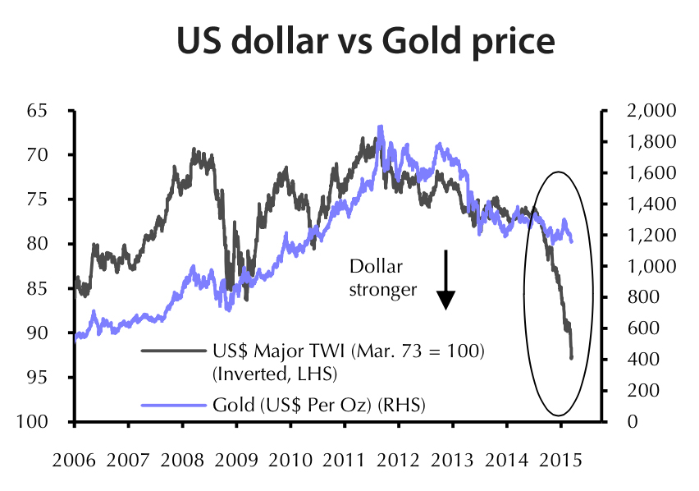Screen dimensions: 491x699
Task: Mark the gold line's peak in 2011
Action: point(380,126)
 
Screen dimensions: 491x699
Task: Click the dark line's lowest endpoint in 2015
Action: point(571,357)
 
